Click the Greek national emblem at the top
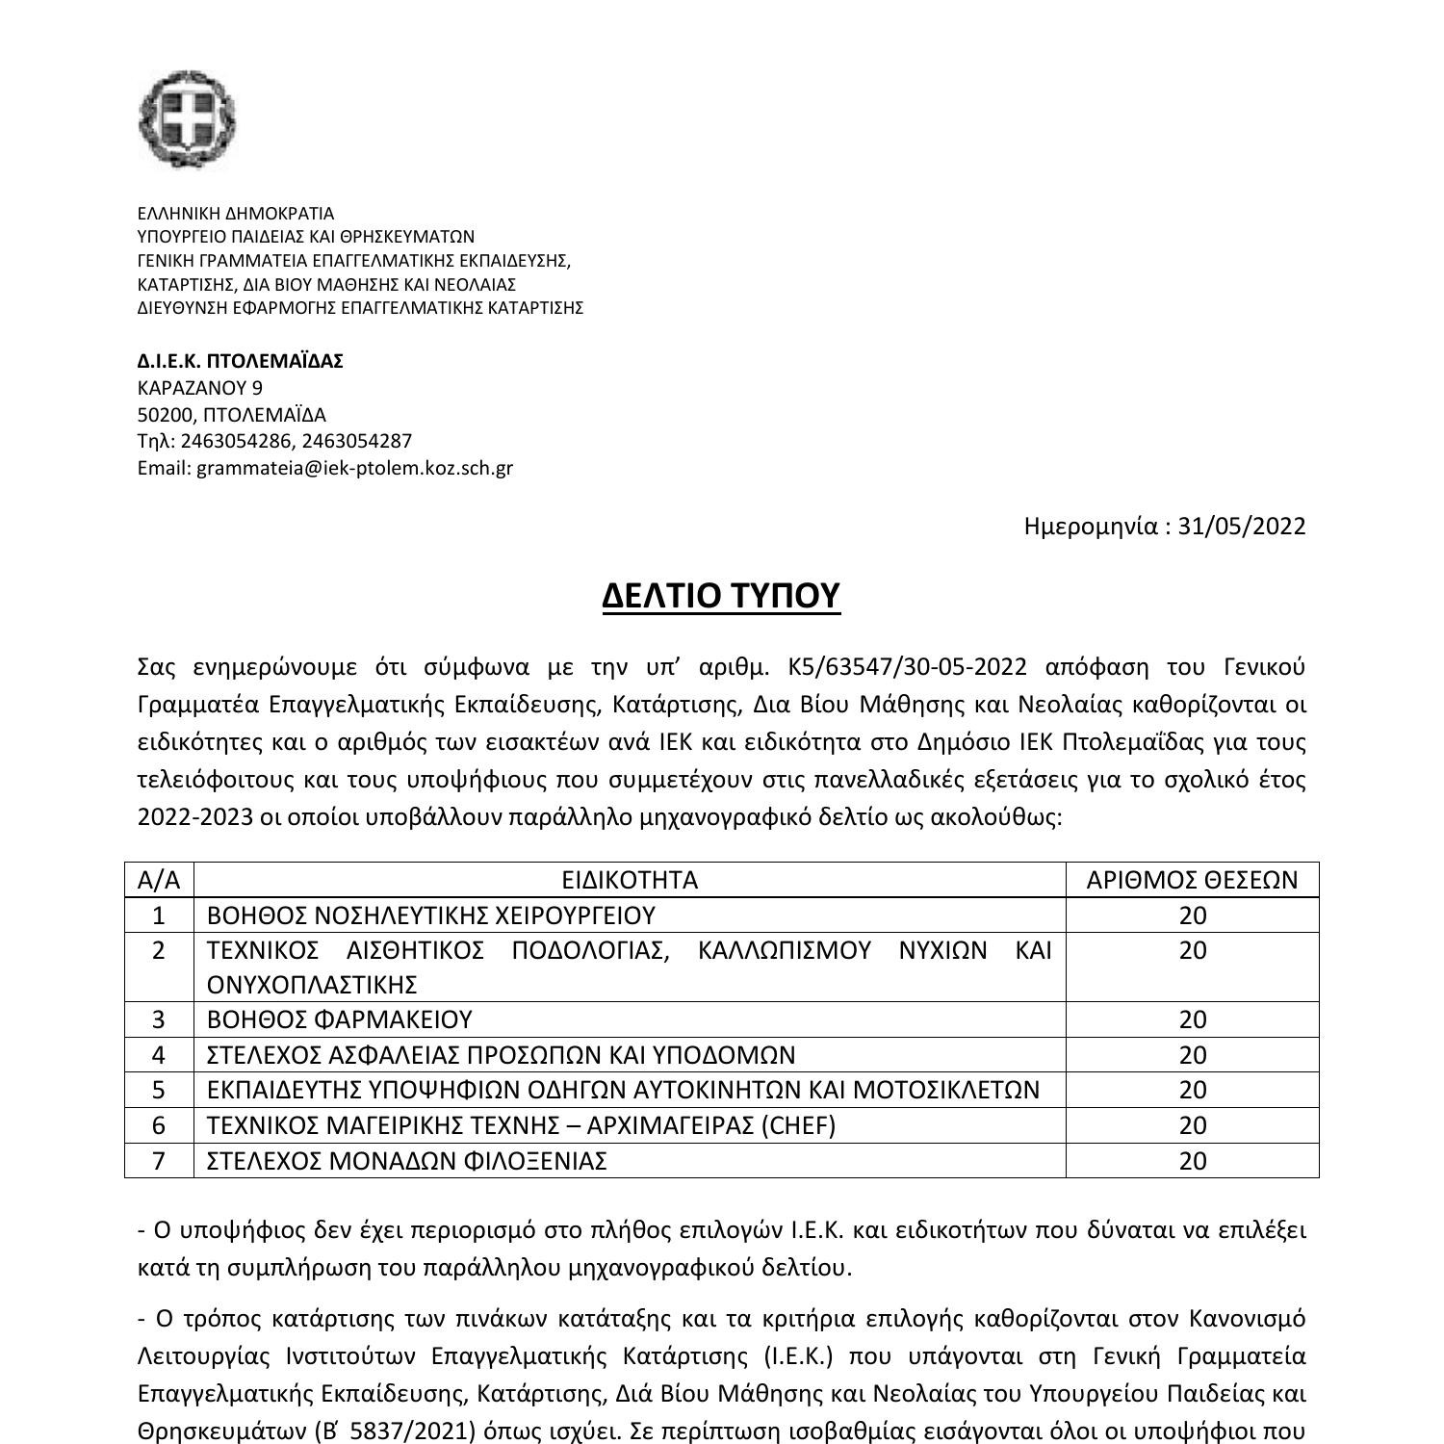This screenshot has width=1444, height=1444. (x=187, y=119)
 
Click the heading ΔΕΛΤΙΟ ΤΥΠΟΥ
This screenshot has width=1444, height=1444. (x=721, y=596)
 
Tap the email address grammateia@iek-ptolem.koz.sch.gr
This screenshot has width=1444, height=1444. (x=354, y=468)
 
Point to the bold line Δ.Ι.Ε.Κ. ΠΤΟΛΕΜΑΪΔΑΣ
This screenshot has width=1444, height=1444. (x=241, y=361)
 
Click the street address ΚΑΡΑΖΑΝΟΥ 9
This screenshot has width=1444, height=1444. (x=200, y=388)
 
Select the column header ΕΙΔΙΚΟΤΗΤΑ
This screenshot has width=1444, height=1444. (x=630, y=880)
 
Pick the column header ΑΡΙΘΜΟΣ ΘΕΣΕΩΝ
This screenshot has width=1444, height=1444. (x=1192, y=880)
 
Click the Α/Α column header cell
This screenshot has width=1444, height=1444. (x=159, y=880)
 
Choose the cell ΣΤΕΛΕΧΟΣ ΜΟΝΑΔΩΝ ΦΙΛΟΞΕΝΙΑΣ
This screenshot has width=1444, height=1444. (x=407, y=1160)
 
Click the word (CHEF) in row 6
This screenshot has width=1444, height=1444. (x=798, y=1124)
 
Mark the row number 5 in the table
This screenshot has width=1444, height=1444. (x=159, y=1090)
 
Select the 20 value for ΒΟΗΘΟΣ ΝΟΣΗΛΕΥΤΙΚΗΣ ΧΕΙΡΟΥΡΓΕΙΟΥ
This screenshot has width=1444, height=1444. (x=1192, y=915)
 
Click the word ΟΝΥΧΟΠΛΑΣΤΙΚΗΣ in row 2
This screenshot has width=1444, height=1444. (x=312, y=985)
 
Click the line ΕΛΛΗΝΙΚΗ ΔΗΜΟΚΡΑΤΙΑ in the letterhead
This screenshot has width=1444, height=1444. (x=236, y=214)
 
